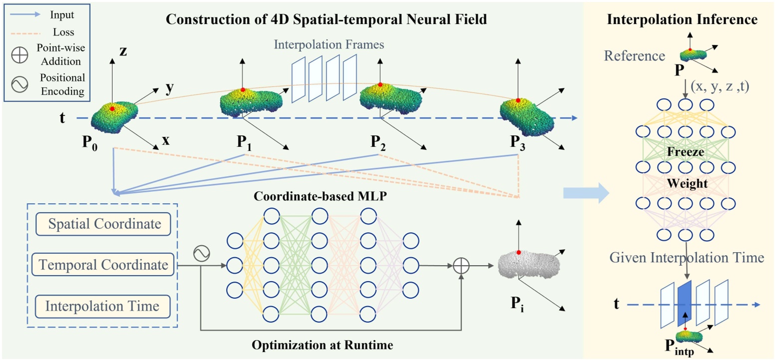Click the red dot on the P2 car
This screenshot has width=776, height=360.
(x=380, y=84)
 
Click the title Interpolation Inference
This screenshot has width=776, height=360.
(x=683, y=20)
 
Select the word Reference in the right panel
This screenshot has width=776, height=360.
(x=634, y=55)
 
